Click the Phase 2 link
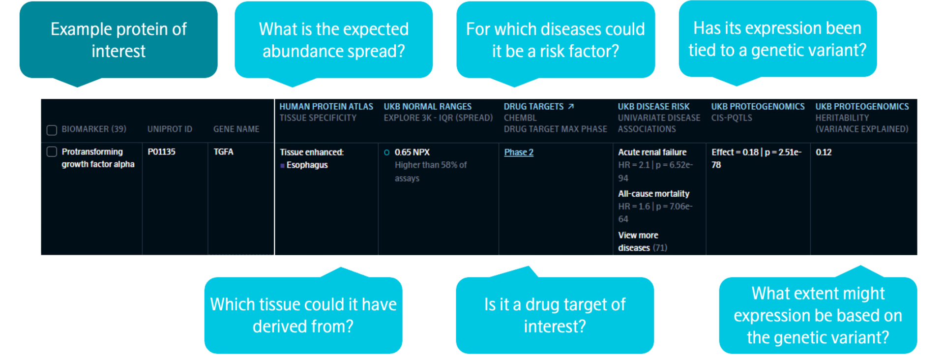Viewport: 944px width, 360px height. click(518, 152)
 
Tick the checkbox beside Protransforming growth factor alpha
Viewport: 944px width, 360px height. click(52, 152)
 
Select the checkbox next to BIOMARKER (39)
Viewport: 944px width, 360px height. click(52, 130)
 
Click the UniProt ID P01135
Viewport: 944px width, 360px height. click(161, 152)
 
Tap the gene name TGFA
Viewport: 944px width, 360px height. click(223, 152)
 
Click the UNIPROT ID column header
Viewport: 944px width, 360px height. click(170, 129)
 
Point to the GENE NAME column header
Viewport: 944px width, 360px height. click(236, 129)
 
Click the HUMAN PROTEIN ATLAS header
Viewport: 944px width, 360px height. click(326, 107)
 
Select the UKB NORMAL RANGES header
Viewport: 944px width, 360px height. click(427, 107)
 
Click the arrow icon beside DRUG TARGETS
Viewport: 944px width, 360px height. click(571, 106)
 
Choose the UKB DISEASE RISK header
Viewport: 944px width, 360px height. click(653, 107)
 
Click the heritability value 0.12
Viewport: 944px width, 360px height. click(824, 152)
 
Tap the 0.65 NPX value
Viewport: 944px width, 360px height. click(412, 152)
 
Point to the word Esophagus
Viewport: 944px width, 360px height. click(307, 165)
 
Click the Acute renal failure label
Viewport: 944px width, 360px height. click(652, 152)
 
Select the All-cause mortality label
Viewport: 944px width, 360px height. click(653, 194)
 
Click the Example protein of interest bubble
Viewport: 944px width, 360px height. click(118, 40)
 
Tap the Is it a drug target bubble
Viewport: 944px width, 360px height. click(555, 315)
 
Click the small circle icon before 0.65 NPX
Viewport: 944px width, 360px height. click(387, 152)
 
